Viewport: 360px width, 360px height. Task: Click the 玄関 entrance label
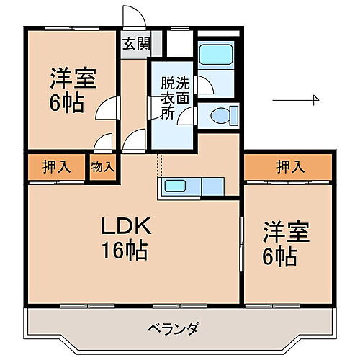pyautogui.click(x=135, y=43)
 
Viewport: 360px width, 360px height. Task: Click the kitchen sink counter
pyautogui.click(x=191, y=186)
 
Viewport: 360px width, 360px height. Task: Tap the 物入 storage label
pyautogui.click(x=102, y=167)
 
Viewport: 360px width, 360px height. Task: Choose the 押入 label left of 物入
pyautogui.click(x=56, y=167)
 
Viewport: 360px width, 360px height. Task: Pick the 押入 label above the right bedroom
pyautogui.click(x=289, y=167)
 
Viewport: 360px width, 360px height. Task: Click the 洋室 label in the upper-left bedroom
pyautogui.click(x=73, y=76)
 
